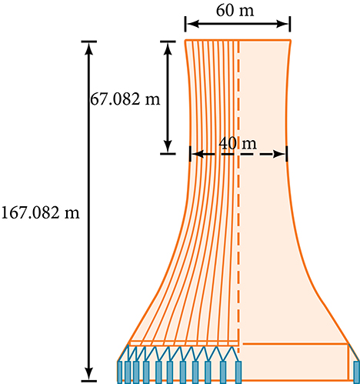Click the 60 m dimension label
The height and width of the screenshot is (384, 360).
click(x=235, y=11)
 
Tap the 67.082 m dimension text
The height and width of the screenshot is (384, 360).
click(x=125, y=99)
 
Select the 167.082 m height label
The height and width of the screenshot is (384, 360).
click(x=40, y=213)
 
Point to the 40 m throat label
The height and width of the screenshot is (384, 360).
click(x=238, y=144)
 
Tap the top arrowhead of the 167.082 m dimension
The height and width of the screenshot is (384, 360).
click(x=88, y=48)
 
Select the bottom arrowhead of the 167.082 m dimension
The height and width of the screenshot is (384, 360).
click(x=88, y=373)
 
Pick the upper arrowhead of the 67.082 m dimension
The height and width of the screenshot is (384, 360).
click(x=168, y=48)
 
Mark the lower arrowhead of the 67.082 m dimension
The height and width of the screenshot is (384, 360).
click(x=168, y=146)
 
